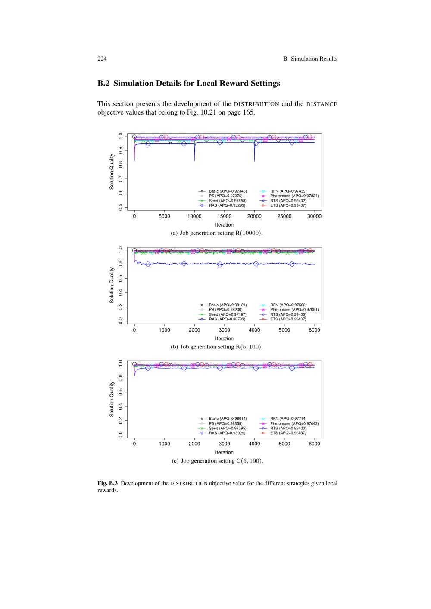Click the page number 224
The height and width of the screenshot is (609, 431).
pyautogui.click(x=102, y=59)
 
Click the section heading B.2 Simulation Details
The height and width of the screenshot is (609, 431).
pyautogui.click(x=188, y=83)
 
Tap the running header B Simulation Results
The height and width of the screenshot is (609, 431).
pyautogui.click(x=310, y=59)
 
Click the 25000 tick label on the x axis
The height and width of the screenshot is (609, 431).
pyautogui.click(x=284, y=217)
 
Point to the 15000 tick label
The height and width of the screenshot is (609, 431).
pyautogui.click(x=224, y=217)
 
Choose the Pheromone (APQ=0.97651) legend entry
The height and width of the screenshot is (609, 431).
pyautogui.click(x=294, y=310)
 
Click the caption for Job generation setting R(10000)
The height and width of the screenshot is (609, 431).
pyautogui.click(x=217, y=233)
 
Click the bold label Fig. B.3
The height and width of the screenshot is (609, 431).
pyautogui.click(x=107, y=483)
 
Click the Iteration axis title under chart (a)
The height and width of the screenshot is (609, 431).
pyautogui.click(x=224, y=225)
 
